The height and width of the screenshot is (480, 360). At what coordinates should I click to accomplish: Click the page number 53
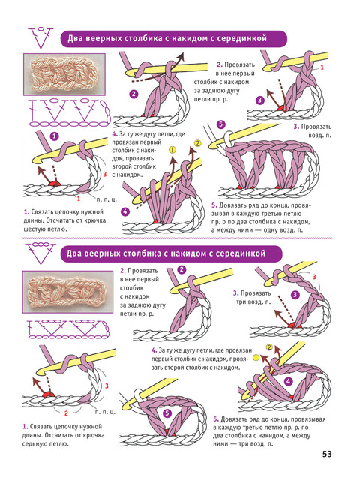point(327,454)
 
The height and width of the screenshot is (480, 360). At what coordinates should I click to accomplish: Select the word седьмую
point(33,443)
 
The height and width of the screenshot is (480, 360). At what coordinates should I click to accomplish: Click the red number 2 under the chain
point(66,413)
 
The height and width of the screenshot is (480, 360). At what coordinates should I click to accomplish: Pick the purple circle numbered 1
point(54,136)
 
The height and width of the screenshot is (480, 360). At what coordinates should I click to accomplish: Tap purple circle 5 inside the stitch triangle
point(166,413)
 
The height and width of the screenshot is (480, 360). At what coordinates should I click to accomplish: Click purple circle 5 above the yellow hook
point(220,124)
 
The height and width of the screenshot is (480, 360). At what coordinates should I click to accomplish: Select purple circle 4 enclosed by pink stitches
point(288,381)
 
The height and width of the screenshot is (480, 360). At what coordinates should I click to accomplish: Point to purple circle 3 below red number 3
point(295,295)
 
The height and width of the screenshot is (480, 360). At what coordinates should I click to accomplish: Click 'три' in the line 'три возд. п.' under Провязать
point(241,301)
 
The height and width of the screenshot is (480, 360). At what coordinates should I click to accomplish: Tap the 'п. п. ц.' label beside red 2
point(105,412)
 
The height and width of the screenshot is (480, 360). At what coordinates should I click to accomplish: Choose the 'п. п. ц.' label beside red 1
point(106,199)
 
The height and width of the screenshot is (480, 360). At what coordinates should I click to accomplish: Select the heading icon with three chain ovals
point(40,253)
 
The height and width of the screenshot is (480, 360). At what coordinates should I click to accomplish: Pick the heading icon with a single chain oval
point(40,38)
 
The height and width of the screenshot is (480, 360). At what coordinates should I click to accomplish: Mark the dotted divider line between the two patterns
point(177,238)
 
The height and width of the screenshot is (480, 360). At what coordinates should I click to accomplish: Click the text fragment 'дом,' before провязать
point(118,159)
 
